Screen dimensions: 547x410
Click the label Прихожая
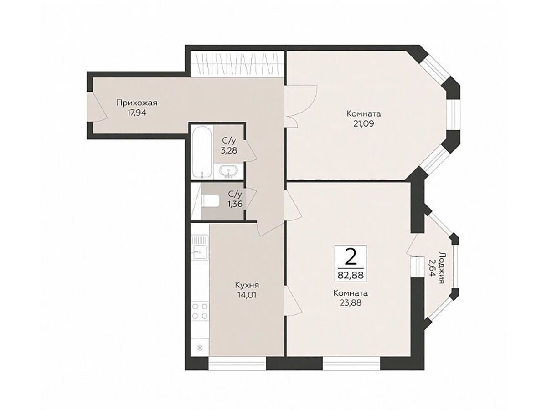pos(137,102)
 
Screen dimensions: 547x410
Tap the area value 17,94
pos(137,113)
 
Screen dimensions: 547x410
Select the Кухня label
pos(247,285)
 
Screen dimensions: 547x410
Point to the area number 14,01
pos(247,295)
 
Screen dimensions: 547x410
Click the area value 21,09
pos(364,124)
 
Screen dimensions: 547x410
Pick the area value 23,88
pos(351,303)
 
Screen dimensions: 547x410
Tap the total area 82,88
pos(351,275)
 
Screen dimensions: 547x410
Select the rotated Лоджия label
pos(442,268)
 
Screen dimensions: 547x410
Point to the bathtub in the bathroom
pos(202,152)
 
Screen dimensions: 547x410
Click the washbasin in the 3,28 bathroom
pos(229,171)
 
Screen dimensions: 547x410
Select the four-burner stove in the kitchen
pos(200,311)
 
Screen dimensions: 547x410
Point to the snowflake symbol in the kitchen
pos(200,348)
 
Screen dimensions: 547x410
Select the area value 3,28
pos(229,151)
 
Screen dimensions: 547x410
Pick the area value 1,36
pos(234,204)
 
